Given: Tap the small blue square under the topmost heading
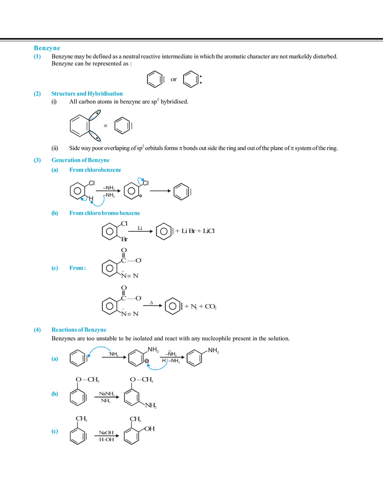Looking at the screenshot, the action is (x=37, y=56).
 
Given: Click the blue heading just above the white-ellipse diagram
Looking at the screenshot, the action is (x=87, y=94).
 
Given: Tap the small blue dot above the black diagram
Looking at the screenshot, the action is (x=140, y=179).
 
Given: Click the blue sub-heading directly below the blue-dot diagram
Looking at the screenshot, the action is (x=104, y=213).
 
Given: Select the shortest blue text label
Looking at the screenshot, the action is (x=76, y=268).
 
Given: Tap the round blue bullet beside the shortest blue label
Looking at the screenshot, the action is (x=54, y=269).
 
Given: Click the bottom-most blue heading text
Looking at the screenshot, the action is (x=78, y=330).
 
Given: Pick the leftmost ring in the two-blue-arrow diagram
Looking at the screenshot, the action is (x=75, y=359).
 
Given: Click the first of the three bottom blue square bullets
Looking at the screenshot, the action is (x=54, y=359).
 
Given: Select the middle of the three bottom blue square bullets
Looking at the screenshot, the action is (x=54, y=394).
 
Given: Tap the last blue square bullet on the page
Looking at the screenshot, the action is (x=54, y=431).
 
